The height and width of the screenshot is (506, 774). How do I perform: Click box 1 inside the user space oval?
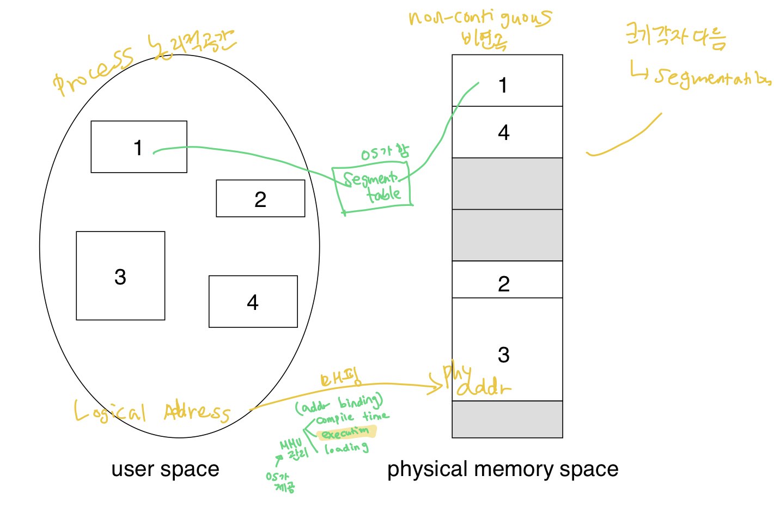pyautogui.click(x=139, y=147)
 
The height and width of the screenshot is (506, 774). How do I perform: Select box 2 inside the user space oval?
pyautogui.click(x=260, y=199)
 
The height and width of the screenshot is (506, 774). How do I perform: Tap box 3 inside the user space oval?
pyautogui.click(x=120, y=276)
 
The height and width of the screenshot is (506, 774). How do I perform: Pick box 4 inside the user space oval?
pyautogui.click(x=253, y=302)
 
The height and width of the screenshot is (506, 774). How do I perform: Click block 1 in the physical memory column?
pyautogui.click(x=507, y=81)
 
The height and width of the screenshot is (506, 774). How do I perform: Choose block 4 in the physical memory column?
pyautogui.click(x=507, y=132)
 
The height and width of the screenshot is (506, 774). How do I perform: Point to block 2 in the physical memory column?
pyautogui.click(x=507, y=280)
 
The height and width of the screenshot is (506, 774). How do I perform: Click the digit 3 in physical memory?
pyautogui.click(x=504, y=355)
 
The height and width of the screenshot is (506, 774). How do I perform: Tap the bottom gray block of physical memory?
pyautogui.click(x=507, y=419)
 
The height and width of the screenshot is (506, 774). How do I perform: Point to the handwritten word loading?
pyautogui.click(x=346, y=448)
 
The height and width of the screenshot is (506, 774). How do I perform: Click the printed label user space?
pyautogui.click(x=165, y=469)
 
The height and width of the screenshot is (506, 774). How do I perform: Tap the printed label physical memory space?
pyautogui.click(x=502, y=469)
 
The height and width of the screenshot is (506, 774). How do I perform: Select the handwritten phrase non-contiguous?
pyautogui.click(x=479, y=18)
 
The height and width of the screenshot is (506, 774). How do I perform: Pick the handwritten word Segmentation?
pyautogui.click(x=711, y=78)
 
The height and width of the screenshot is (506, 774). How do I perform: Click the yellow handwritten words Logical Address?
pyautogui.click(x=152, y=412)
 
